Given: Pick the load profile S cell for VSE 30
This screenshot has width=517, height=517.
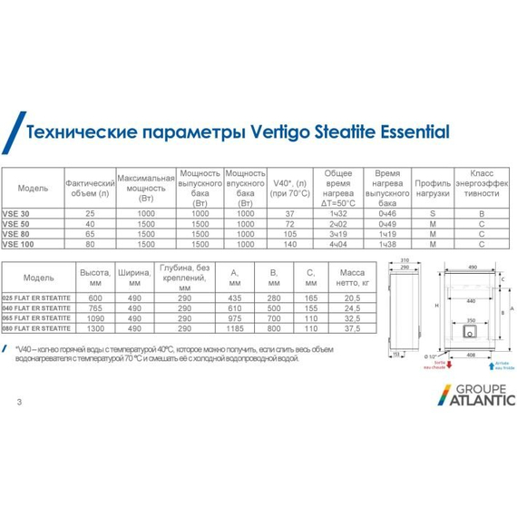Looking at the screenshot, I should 433,213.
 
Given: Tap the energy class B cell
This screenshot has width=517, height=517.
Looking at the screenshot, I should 481,213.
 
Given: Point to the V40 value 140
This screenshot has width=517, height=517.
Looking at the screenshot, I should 291,243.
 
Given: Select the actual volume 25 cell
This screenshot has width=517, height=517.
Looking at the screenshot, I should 89,213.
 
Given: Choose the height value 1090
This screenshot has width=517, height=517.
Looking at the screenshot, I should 90,318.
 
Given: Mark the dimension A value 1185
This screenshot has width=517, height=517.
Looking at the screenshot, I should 235,328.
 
